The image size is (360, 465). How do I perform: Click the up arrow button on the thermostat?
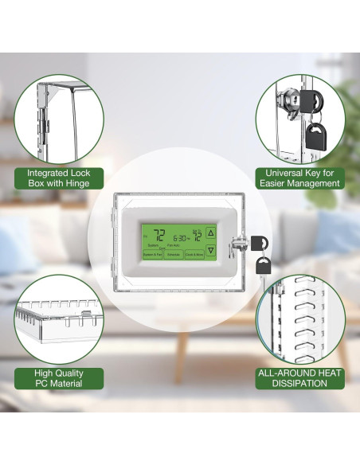tap(210, 233)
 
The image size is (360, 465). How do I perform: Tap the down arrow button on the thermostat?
tap(210, 251)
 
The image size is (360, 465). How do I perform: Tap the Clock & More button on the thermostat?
tap(194, 255)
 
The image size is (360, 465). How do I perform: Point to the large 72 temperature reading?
tap(158, 235)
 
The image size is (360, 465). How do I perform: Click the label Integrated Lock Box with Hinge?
tap(58, 178)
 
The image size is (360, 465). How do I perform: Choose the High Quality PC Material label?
tap(58, 378)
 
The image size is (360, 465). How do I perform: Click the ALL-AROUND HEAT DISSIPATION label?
tap(299, 378)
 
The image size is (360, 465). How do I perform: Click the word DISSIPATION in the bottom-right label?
tap(299, 384)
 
